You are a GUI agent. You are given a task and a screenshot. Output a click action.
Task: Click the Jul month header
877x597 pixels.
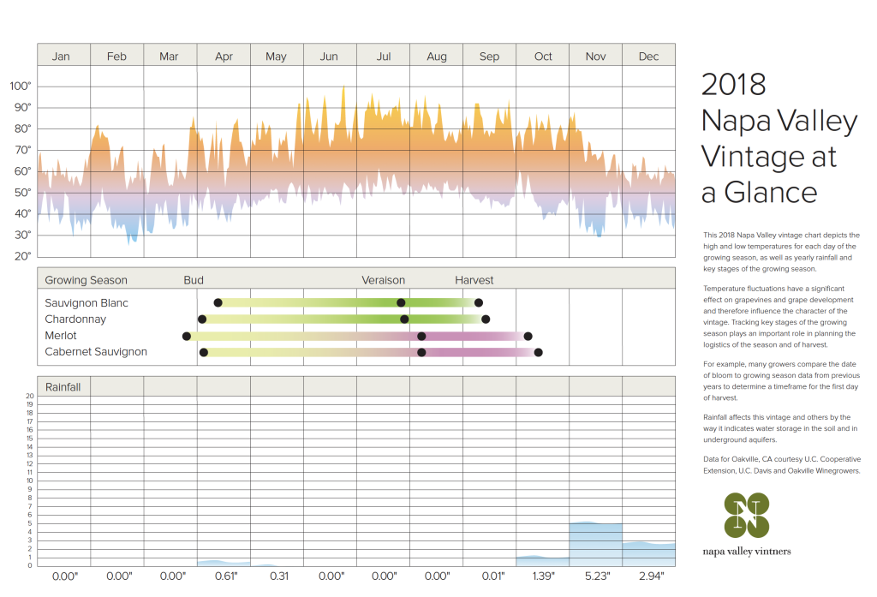pyautogui.click(x=384, y=57)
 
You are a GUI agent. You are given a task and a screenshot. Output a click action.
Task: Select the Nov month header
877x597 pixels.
pyautogui.click(x=595, y=57)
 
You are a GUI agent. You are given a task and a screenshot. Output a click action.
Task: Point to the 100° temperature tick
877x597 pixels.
pyautogui.click(x=21, y=87)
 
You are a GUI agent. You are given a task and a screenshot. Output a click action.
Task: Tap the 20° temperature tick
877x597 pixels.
pyautogui.click(x=21, y=256)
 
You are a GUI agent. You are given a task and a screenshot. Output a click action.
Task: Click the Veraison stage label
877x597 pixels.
pyautogui.click(x=383, y=280)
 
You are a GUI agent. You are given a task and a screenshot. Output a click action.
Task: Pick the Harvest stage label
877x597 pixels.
pyautogui.click(x=474, y=280)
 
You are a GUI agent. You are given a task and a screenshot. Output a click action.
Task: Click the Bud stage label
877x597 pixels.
pyautogui.click(x=194, y=280)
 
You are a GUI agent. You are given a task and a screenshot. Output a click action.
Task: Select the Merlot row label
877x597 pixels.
pyautogui.click(x=61, y=336)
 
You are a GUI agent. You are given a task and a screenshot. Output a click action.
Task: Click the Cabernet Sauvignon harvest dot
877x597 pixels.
pyautogui.click(x=538, y=352)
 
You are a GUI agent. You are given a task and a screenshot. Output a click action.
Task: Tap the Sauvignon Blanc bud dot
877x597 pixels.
pyautogui.click(x=218, y=302)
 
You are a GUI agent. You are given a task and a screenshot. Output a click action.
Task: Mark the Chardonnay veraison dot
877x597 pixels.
pyautogui.click(x=404, y=319)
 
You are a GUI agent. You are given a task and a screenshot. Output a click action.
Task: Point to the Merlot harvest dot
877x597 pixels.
pyautogui.click(x=528, y=336)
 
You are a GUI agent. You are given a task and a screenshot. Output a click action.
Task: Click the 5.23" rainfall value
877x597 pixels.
pyautogui.click(x=596, y=576)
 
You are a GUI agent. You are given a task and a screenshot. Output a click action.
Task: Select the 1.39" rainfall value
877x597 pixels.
pyautogui.click(x=543, y=576)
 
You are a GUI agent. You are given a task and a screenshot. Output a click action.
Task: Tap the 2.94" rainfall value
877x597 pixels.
pyautogui.click(x=648, y=576)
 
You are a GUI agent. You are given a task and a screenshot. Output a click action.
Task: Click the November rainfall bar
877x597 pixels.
pyautogui.click(x=596, y=543)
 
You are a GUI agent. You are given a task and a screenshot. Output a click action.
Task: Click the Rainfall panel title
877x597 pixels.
pyautogui.click(x=63, y=387)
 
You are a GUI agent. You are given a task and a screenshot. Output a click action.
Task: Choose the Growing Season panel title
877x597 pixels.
pyautogui.click(x=86, y=280)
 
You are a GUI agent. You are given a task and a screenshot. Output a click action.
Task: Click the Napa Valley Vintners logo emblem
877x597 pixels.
pyautogui.click(x=746, y=516)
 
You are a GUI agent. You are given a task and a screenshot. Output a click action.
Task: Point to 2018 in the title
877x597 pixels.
pyautogui.click(x=733, y=85)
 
